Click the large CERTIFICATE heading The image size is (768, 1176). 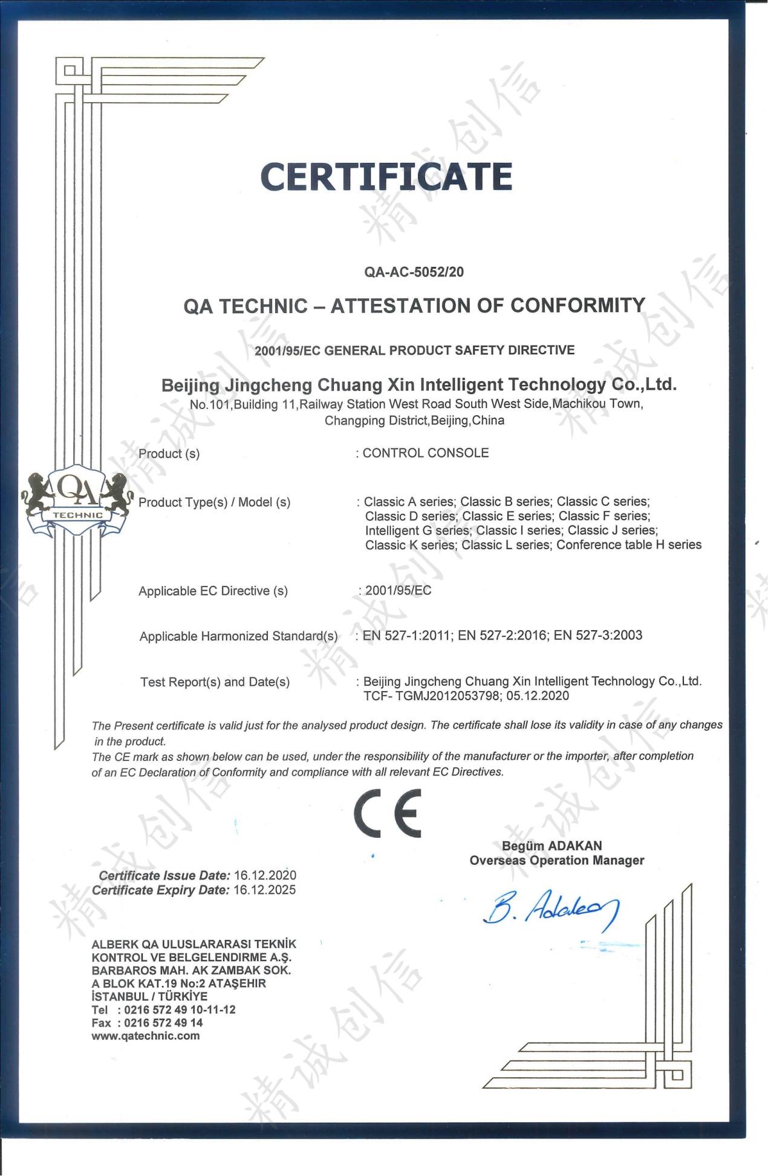[x=386, y=176]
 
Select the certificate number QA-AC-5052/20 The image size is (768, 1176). [x=414, y=272]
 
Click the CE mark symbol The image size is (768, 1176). [x=387, y=813]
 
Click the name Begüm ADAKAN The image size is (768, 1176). [x=552, y=846]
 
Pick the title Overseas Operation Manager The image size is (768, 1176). [x=556, y=860]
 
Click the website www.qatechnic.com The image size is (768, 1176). [x=145, y=1036]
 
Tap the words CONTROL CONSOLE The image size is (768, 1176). [x=426, y=453]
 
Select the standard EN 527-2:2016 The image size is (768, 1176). [x=502, y=635]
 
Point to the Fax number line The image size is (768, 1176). [x=147, y=1022]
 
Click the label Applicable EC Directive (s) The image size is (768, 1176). [x=213, y=591]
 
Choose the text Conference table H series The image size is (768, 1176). [x=629, y=545]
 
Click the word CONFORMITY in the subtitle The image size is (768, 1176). [x=578, y=305]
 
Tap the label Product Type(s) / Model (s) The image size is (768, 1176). [x=214, y=502]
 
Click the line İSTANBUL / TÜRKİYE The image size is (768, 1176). [x=149, y=996]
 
